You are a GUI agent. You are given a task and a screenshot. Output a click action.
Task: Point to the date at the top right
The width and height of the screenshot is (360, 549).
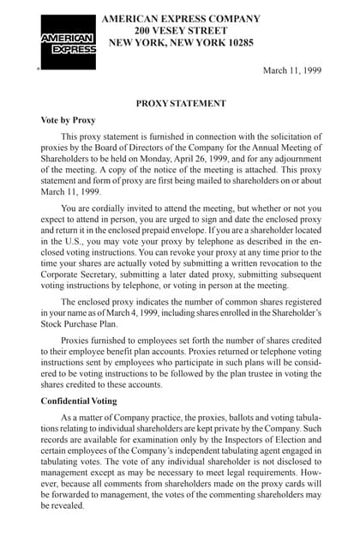291,70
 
